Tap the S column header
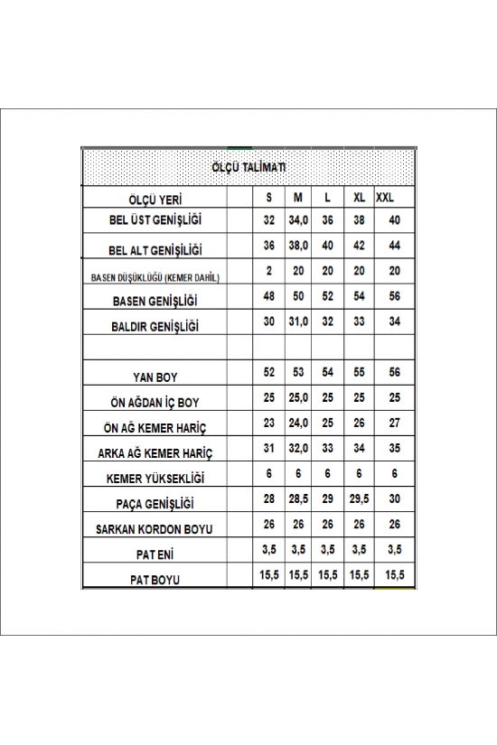(x=268, y=197)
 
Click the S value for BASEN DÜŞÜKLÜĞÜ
(x=268, y=271)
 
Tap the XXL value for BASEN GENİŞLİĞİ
(x=394, y=296)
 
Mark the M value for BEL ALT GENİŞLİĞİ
(x=298, y=245)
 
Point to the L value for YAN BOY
(x=327, y=372)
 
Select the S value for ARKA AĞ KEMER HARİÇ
(x=268, y=448)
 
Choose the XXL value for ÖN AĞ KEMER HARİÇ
(x=394, y=423)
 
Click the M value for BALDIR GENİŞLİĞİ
(x=298, y=321)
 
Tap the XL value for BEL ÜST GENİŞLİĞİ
(x=360, y=219)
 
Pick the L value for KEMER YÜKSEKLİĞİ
(x=327, y=473)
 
